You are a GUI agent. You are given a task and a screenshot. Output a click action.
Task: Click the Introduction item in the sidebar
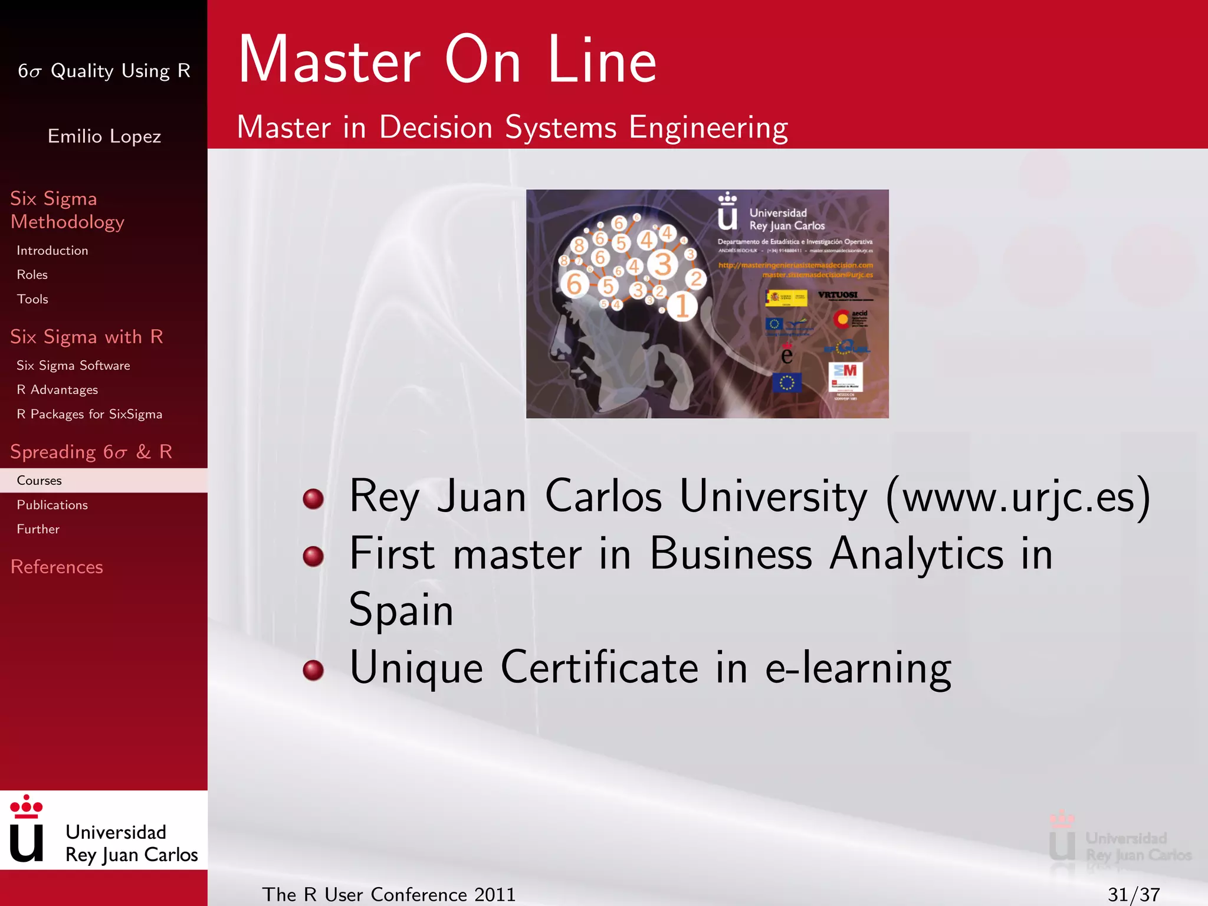click(x=52, y=251)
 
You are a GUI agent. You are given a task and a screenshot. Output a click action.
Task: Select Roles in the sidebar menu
click(x=32, y=275)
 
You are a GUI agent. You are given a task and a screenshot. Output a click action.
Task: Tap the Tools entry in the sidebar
click(x=32, y=299)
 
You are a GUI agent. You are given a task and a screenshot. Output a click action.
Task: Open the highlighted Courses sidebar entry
click(x=40, y=480)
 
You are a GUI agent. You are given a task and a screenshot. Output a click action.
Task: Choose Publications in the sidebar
click(x=52, y=505)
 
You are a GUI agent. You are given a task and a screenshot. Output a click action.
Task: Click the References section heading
click(x=57, y=567)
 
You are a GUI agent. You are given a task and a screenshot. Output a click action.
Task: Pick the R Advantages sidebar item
click(x=57, y=390)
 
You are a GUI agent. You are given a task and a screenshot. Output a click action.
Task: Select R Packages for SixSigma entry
click(x=89, y=414)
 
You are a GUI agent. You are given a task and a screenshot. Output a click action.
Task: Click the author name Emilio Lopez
click(x=104, y=136)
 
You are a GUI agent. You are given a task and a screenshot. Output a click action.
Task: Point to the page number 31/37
click(x=1134, y=894)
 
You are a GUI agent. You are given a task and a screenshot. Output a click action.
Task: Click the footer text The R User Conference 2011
click(x=389, y=894)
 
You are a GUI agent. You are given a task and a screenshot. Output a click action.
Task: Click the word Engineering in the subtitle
click(x=708, y=127)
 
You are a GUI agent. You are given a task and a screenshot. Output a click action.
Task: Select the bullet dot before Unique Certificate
click(x=313, y=669)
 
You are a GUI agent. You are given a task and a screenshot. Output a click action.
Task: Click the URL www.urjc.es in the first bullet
click(x=1018, y=497)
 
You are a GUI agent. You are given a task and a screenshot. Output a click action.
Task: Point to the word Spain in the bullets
click(x=401, y=610)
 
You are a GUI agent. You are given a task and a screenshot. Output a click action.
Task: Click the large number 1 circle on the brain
click(x=682, y=306)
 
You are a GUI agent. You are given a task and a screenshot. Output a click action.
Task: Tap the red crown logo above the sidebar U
click(x=26, y=806)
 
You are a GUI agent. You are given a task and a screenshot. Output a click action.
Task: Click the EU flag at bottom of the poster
click(x=787, y=383)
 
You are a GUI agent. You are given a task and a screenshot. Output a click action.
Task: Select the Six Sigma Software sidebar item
click(x=73, y=366)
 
